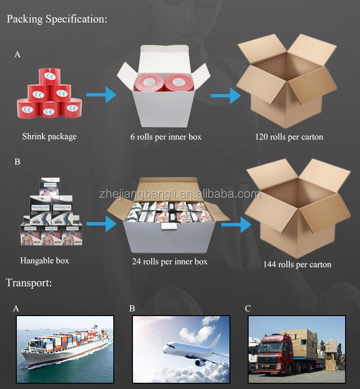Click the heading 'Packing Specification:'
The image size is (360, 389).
click(x=57, y=20)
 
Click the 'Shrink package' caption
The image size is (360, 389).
click(x=49, y=136)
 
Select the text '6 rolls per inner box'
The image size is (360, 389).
click(x=166, y=137)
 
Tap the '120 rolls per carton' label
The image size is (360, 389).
click(x=289, y=137)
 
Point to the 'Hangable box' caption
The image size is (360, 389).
click(x=45, y=261)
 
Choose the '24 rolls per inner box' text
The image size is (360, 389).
click(x=170, y=261)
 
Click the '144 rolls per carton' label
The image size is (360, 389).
click(x=297, y=264)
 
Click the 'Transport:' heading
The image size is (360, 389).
click(x=29, y=283)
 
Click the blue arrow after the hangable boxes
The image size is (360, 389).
click(x=102, y=223)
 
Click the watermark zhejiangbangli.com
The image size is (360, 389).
click(x=180, y=194)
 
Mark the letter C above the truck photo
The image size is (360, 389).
click(x=248, y=308)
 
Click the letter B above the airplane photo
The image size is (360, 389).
click(x=132, y=308)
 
